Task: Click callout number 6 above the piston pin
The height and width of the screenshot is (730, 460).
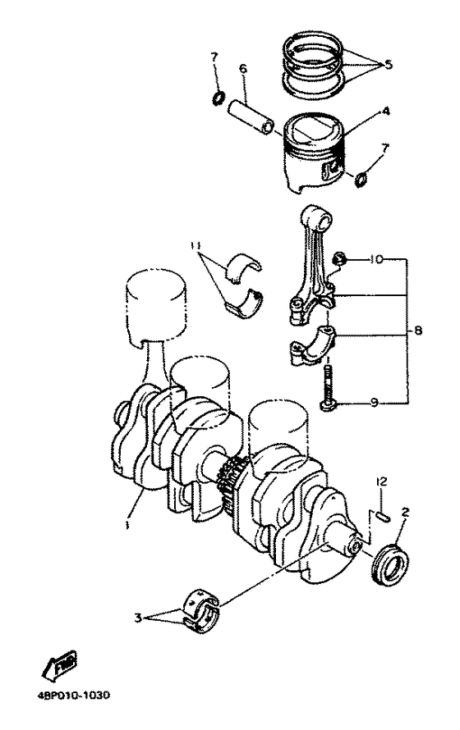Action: coord(242,70)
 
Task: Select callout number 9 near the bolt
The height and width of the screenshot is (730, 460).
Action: coord(374,403)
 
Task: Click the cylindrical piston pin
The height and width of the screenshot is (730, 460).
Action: coord(255,112)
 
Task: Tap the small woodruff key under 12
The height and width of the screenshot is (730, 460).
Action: coord(382,517)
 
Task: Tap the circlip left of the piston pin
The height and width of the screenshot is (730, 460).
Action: coord(218,99)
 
